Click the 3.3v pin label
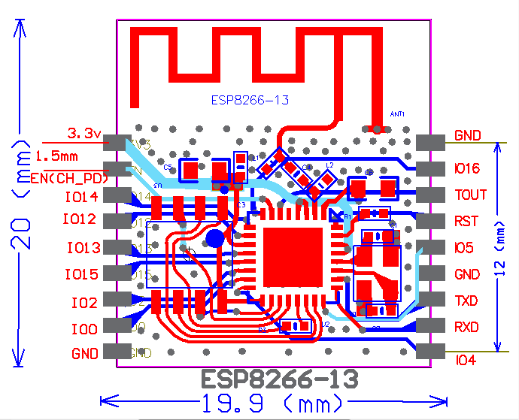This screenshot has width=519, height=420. coord(84,134)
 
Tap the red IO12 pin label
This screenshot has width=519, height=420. coord(81,220)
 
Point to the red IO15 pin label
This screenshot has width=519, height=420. coord(81,275)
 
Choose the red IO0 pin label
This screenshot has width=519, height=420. coord(83,329)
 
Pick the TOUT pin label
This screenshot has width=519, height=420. coord(471,195)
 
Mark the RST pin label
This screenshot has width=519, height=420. coord(466,222)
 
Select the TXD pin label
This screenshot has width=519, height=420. coord(467,301)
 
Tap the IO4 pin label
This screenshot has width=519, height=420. coord(466,361)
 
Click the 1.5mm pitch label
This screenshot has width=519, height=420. coord(56,156)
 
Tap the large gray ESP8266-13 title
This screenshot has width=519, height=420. coord(278,378)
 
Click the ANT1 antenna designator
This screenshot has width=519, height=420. coord(397,114)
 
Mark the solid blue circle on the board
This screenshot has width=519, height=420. coord(214,240)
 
